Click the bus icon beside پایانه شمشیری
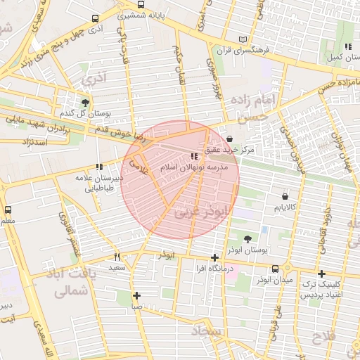(x=96, y=20)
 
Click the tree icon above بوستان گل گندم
(x=84, y=102)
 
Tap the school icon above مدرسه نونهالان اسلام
(x=193, y=156)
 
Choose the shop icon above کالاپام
(x=284, y=196)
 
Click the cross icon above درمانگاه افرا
(x=214, y=257)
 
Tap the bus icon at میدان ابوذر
(x=275, y=269)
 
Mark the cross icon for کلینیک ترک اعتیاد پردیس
(x=321, y=274)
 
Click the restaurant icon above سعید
(x=117, y=257)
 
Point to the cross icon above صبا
(x=136, y=295)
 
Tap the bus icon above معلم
(x=8, y=210)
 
